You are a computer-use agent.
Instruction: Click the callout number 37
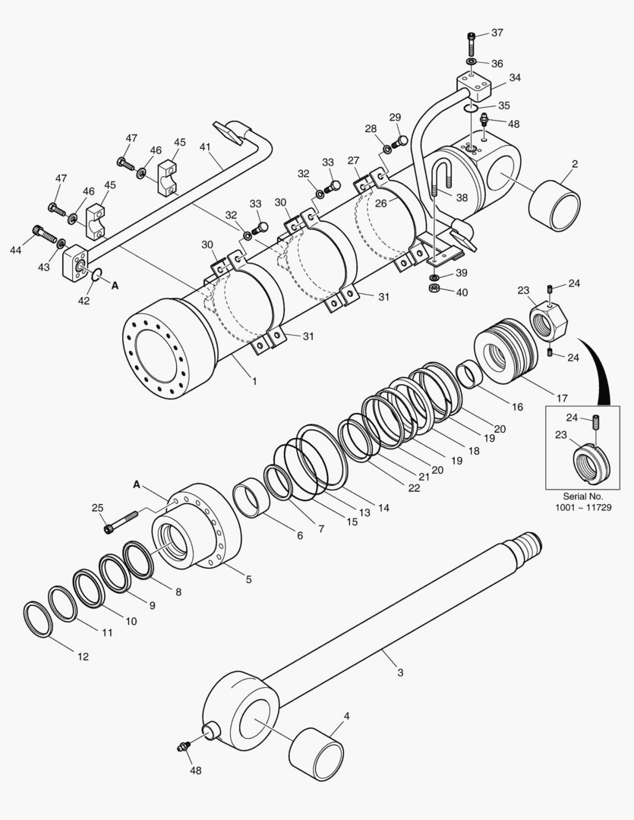click(497, 33)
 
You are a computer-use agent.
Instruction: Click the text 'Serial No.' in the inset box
click(582, 496)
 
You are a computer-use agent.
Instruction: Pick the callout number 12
click(82, 656)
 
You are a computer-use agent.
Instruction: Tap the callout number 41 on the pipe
click(205, 146)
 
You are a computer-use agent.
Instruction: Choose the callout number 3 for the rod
click(400, 672)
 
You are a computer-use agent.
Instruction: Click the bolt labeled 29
click(400, 140)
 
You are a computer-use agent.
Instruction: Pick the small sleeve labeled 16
click(470, 374)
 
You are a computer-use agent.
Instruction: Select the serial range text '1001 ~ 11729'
click(582, 507)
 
